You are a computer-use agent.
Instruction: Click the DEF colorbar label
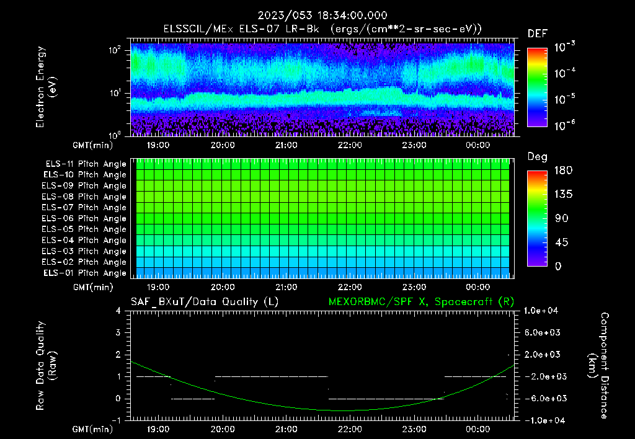click(x=537, y=33)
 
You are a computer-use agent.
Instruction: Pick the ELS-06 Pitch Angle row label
click(x=84, y=218)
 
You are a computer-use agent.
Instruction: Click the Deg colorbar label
click(x=537, y=157)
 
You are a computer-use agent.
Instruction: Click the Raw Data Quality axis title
click(x=46, y=366)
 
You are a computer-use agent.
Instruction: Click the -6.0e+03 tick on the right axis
click(x=543, y=398)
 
